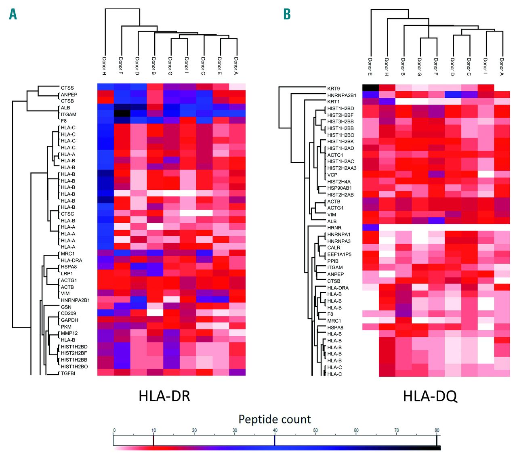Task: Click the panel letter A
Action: point(13,14)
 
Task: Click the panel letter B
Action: point(287,14)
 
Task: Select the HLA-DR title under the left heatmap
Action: point(164,396)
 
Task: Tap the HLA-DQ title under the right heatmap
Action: point(430,396)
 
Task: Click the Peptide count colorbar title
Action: point(275,419)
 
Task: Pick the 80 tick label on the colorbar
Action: point(437,430)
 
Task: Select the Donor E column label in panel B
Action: point(370,67)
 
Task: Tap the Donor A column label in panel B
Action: point(502,67)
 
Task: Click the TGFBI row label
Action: point(68,373)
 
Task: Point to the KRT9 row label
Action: point(333,88)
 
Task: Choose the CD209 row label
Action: point(68,313)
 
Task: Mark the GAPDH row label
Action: point(69,320)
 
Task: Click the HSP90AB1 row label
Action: point(339,188)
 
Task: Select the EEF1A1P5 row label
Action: point(339,254)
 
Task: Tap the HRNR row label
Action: point(334,228)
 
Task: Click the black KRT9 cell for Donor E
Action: point(370,88)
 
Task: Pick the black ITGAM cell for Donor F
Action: point(122,114)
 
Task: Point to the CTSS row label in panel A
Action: point(67,88)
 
